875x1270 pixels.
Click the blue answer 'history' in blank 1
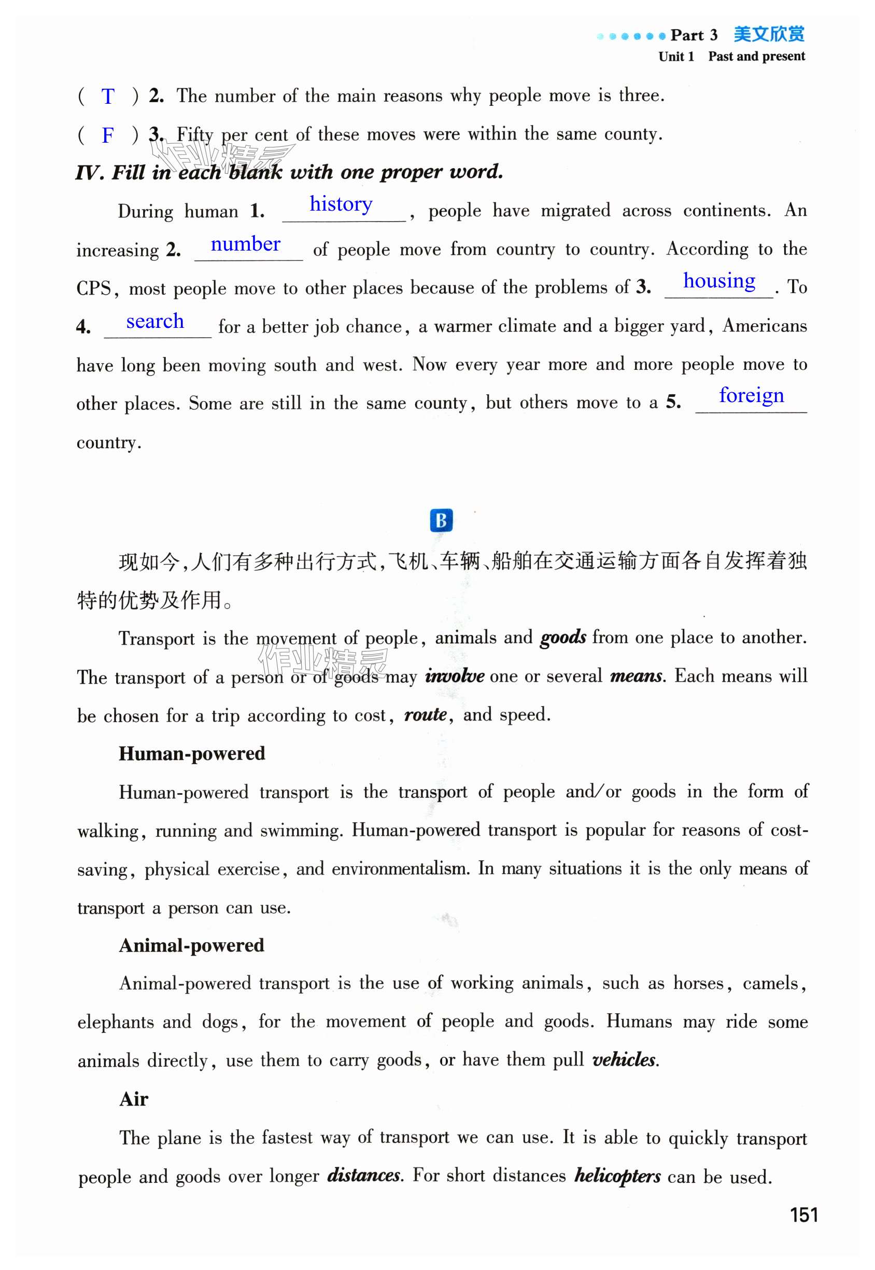(x=341, y=204)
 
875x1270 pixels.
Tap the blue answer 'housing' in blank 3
(x=719, y=281)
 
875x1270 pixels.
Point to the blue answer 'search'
(x=155, y=321)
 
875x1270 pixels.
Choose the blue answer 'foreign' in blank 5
(x=751, y=395)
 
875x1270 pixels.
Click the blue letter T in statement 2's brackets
(x=107, y=96)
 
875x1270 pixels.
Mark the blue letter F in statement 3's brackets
(x=107, y=135)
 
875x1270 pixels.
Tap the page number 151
(x=804, y=1214)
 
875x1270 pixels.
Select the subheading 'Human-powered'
(x=192, y=753)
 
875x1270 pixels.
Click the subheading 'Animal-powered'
(x=192, y=945)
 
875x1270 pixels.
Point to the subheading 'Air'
(x=134, y=1099)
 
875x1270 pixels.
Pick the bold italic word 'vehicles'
(x=624, y=1059)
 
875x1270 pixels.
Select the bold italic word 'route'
(x=426, y=714)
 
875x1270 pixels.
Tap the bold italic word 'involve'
(x=455, y=676)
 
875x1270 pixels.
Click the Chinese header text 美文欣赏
(x=769, y=35)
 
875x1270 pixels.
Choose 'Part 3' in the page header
(x=694, y=35)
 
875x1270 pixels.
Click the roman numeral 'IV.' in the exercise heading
(x=89, y=173)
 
